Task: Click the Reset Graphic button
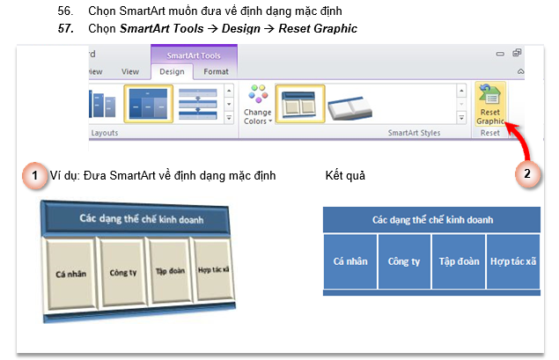pos(490,104)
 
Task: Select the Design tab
pos(172,71)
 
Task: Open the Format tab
pos(216,71)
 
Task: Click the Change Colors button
pos(258,105)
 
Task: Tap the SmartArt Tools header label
pos(194,55)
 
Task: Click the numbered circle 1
pos(34,175)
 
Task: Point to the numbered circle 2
pos(527,174)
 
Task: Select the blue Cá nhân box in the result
pos(350,261)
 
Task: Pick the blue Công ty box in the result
pos(404,261)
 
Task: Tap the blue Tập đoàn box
pos(459,261)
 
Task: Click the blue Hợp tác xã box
pos(513,261)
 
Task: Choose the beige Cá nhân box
pos(70,274)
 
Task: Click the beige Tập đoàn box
pos(170,271)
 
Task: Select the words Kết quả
pos(345,176)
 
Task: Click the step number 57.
pos(66,28)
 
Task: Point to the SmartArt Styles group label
pos(414,133)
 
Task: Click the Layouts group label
pos(105,133)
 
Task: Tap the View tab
pos(130,71)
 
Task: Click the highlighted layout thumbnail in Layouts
pos(148,104)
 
